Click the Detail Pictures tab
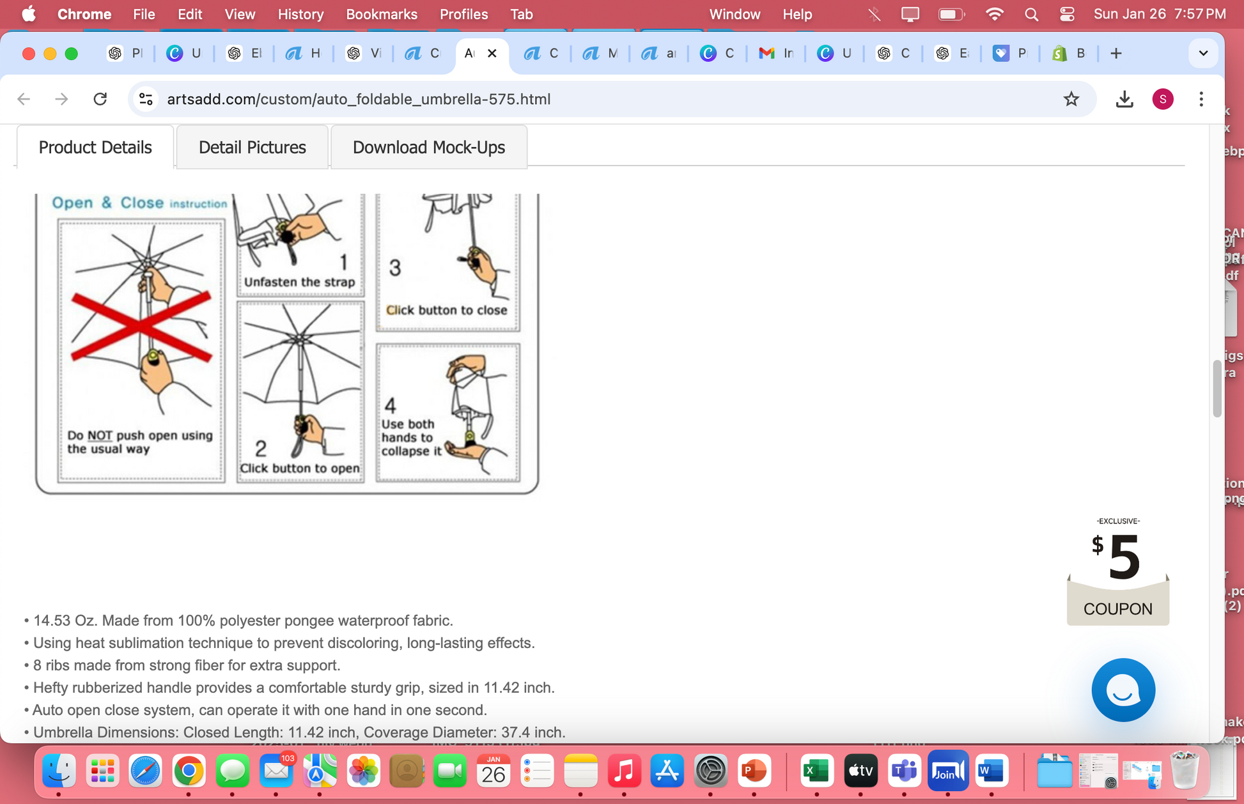point(252,148)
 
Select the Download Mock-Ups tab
point(428,148)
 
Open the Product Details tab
point(95,148)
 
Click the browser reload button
point(100,99)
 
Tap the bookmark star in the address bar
point(1071,99)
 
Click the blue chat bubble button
point(1123,690)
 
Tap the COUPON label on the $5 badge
point(1117,609)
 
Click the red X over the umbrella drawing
point(141,326)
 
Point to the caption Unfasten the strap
point(299,282)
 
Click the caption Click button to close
point(446,310)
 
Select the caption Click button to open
point(299,468)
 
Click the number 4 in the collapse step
point(390,405)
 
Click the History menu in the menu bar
point(300,14)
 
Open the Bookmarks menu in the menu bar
point(381,14)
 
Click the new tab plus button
point(1116,54)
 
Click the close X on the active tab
point(492,54)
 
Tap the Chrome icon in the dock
point(189,771)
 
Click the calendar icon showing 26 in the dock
point(493,771)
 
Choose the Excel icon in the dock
point(816,771)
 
